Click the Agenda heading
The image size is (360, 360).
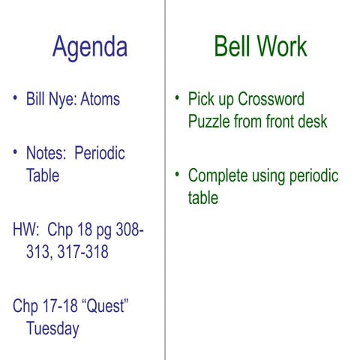tap(89, 47)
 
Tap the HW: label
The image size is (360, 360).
tap(26, 229)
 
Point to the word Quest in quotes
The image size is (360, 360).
tap(104, 306)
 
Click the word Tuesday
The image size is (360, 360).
tap(52, 328)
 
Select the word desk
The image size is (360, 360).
tap(312, 121)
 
